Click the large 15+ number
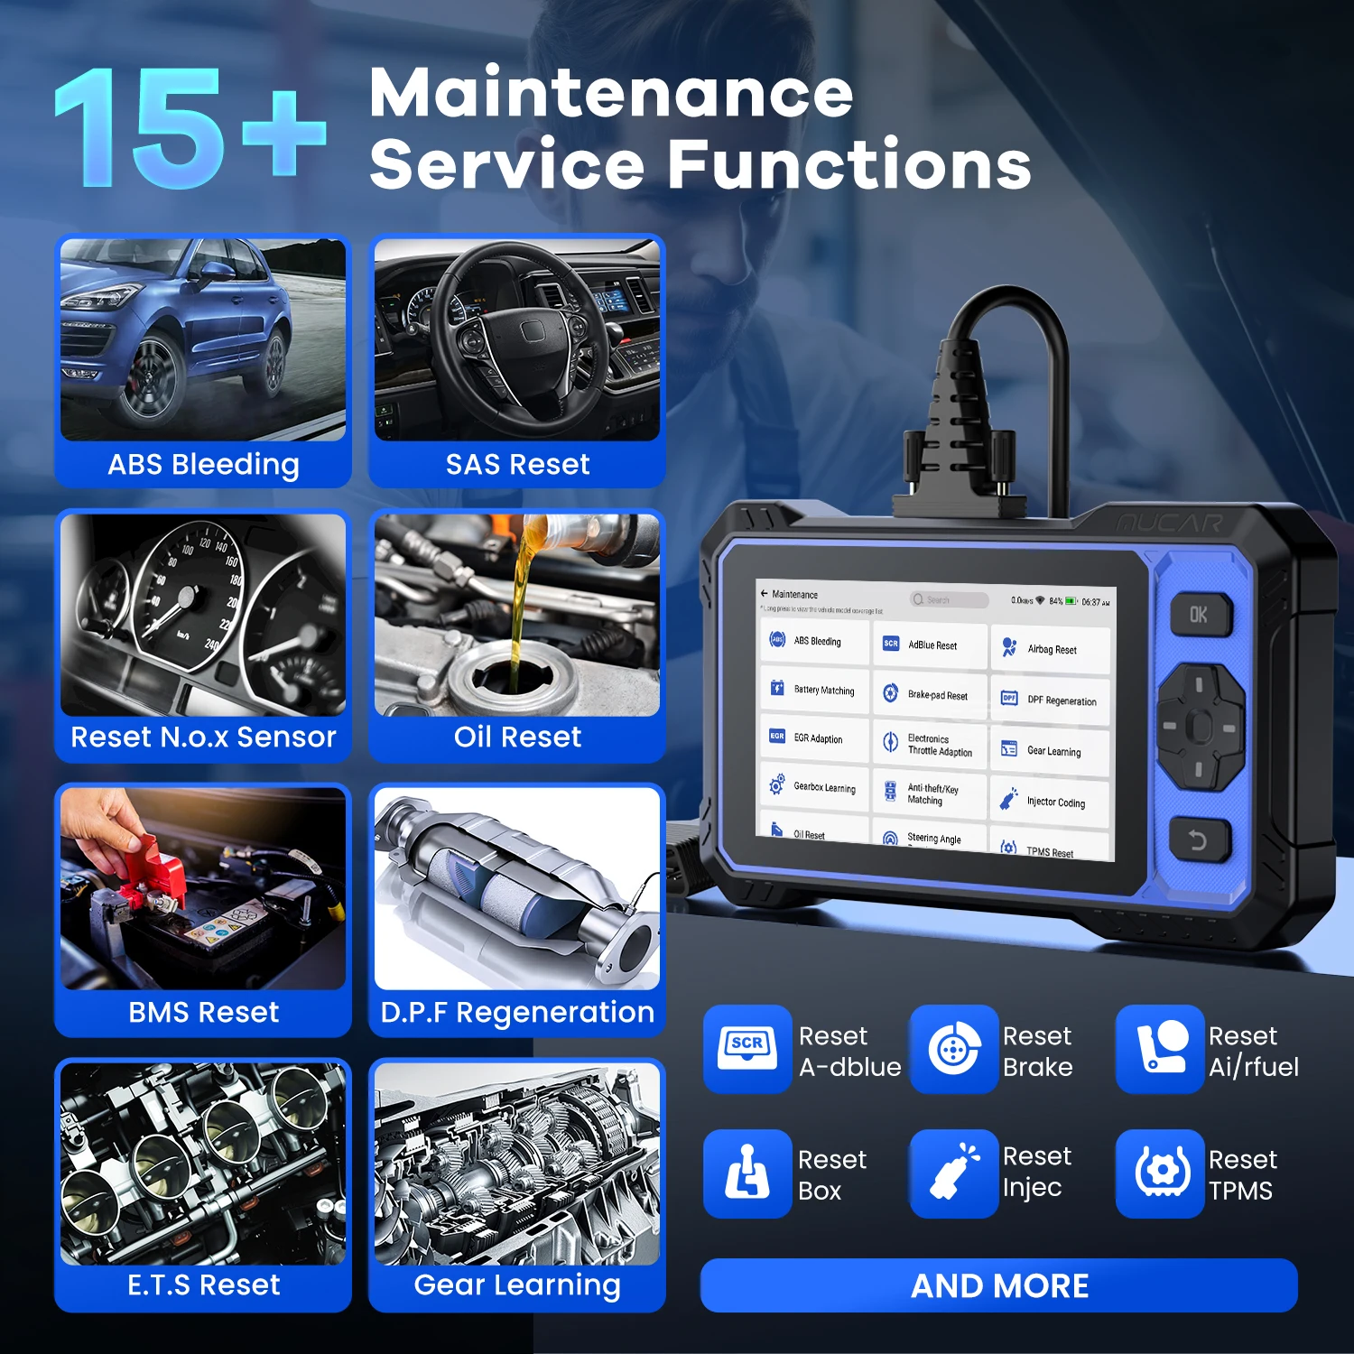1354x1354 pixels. point(190,128)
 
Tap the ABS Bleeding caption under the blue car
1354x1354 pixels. point(203,465)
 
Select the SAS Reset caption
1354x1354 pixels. point(517,465)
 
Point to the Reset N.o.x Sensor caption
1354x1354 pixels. point(203,737)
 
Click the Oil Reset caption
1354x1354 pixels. point(517,737)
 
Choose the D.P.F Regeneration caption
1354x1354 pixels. point(517,1013)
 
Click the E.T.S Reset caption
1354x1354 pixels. point(203,1284)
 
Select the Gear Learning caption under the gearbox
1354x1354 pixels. point(517,1284)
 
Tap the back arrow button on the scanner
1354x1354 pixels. point(1198,841)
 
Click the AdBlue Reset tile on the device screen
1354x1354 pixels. point(930,645)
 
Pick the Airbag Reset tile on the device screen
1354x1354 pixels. point(1050,650)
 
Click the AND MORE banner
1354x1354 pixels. point(999,1285)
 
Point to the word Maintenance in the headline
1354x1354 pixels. point(611,93)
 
